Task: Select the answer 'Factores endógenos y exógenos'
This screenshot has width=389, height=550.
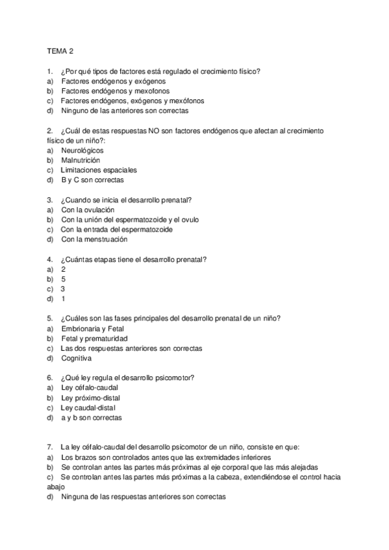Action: (113, 82)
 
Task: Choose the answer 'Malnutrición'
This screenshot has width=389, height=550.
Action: (81, 160)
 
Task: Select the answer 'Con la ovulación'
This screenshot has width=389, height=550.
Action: (88, 210)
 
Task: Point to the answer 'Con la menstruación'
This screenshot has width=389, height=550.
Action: (94, 239)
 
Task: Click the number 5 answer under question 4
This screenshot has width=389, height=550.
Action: (63, 279)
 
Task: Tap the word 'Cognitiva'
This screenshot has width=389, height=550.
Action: (77, 358)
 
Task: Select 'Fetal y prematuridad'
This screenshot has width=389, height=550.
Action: (94, 339)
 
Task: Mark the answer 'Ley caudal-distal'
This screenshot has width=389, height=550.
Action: (89, 408)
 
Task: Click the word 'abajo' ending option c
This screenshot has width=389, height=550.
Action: (56, 486)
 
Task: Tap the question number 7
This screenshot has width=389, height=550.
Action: (50, 447)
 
